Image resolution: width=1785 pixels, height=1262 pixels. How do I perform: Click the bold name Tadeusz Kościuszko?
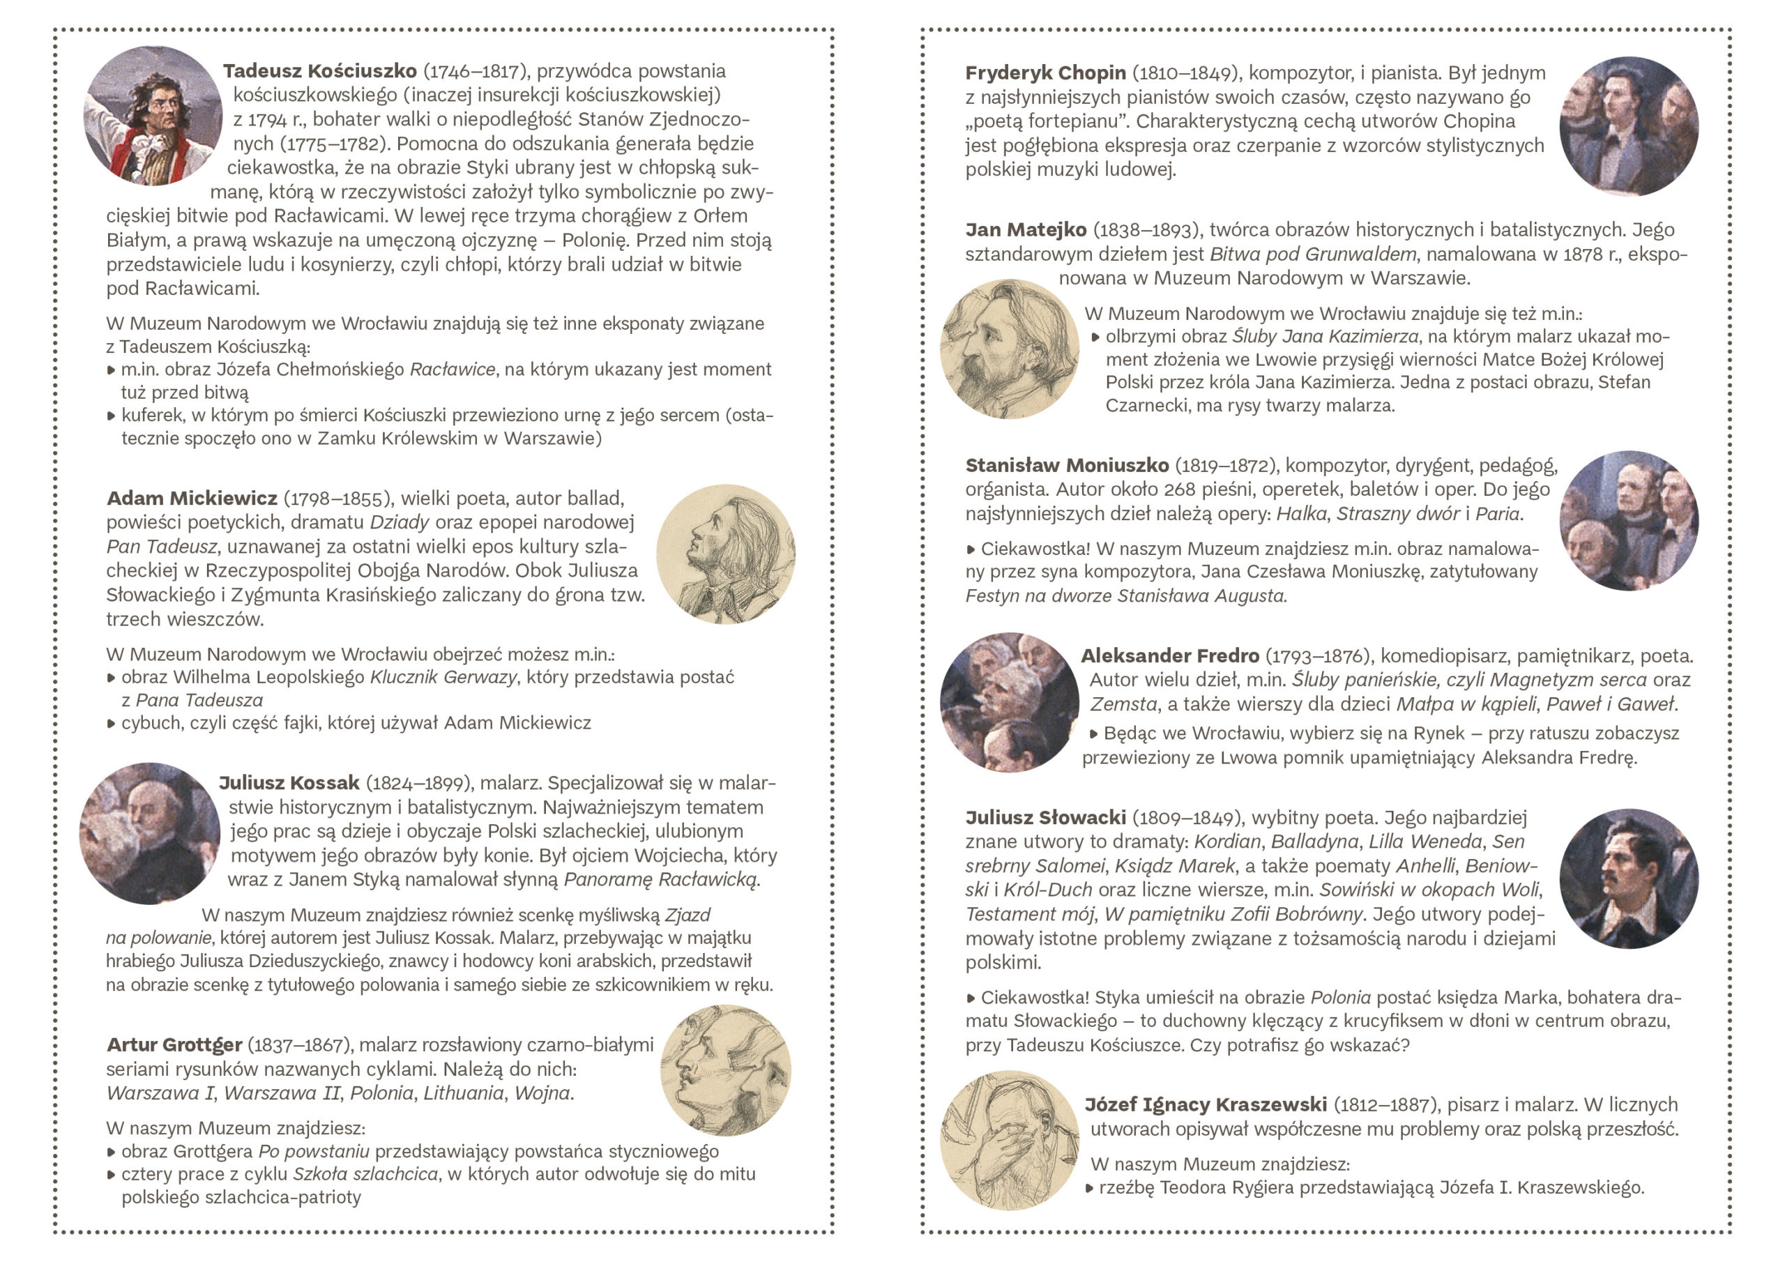click(319, 70)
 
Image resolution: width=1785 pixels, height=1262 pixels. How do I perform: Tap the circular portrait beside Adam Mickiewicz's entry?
click(725, 554)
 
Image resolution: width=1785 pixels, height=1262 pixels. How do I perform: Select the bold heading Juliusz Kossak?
click(289, 782)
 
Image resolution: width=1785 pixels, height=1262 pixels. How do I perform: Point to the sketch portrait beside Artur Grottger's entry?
click(725, 1070)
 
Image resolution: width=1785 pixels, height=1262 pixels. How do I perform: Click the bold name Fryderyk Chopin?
click(1045, 73)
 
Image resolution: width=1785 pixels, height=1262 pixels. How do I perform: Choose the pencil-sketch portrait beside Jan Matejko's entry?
click(1009, 349)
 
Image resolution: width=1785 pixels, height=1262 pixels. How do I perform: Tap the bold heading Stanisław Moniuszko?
click(1067, 465)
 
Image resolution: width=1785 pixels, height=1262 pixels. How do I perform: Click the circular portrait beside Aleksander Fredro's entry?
click(1009, 702)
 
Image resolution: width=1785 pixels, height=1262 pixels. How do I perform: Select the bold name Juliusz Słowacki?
click(1045, 817)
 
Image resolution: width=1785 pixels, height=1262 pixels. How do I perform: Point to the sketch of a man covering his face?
click(1009, 1141)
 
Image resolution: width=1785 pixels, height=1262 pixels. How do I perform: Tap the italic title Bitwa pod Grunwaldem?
click(1313, 254)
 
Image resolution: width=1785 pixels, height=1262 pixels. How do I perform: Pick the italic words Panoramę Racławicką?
click(661, 879)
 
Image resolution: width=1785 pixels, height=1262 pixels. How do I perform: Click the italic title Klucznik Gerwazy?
click(442, 677)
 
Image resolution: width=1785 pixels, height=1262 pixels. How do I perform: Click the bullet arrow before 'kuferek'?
click(111, 416)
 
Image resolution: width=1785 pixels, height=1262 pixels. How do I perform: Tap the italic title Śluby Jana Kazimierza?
click(1326, 337)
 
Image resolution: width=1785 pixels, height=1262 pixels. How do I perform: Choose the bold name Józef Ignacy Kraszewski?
click(1205, 1104)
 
